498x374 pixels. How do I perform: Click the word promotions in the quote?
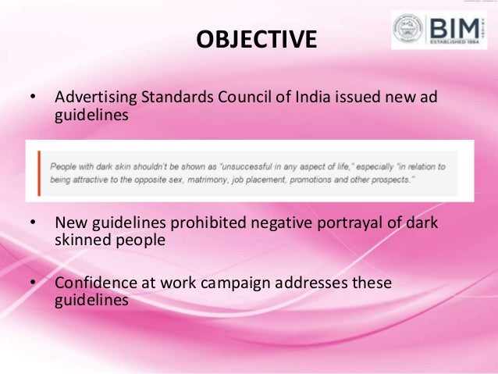pyautogui.click(x=317, y=180)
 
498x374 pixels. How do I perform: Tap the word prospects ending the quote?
pyautogui.click(x=390, y=180)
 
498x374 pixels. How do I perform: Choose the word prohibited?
pyautogui.click(x=212, y=223)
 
